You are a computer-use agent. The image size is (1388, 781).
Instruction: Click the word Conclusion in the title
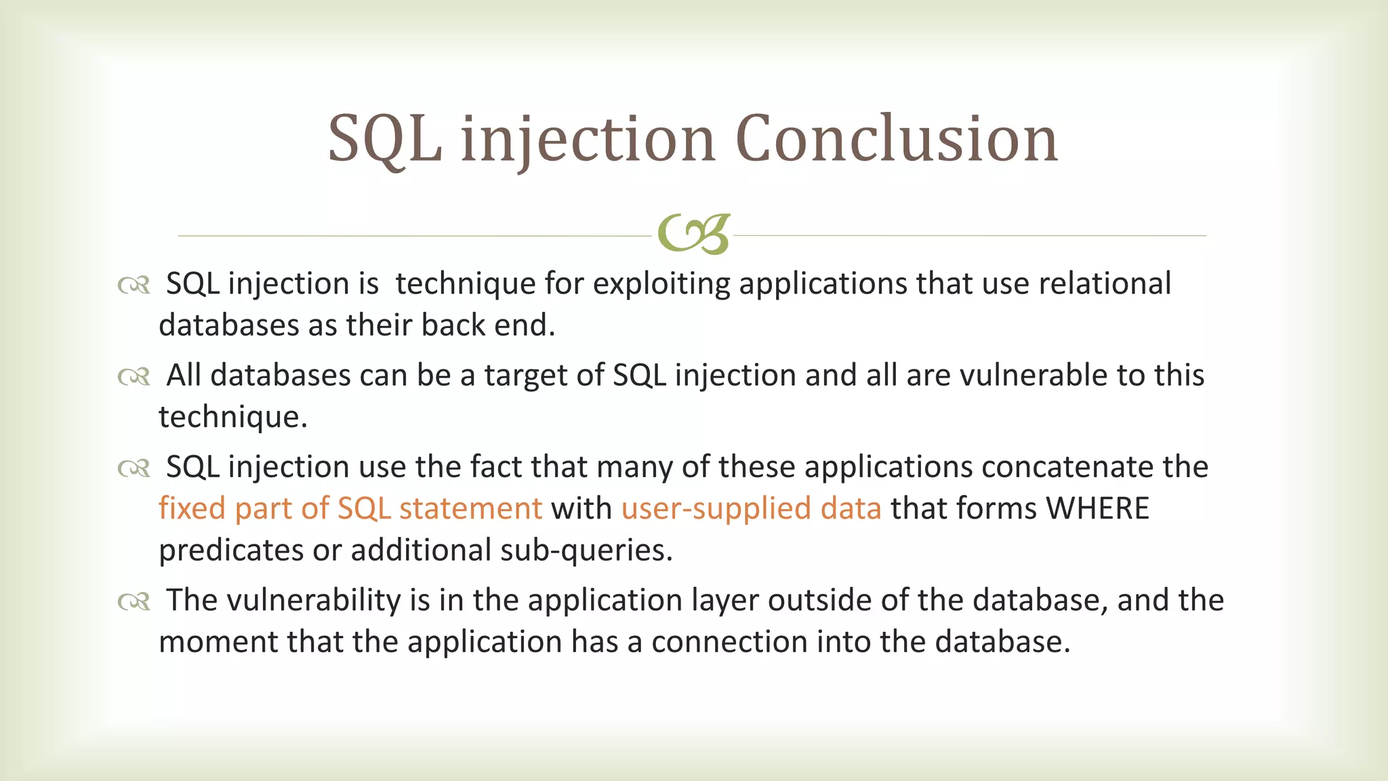tap(896, 139)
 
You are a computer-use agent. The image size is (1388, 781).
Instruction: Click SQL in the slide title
tap(384, 139)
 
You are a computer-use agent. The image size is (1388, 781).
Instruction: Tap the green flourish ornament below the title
tap(693, 235)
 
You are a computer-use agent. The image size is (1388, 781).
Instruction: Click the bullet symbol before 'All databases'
tap(134, 377)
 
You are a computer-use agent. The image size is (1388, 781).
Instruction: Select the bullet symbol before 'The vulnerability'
tap(134, 601)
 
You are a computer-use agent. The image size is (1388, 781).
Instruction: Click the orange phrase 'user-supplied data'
tap(751, 508)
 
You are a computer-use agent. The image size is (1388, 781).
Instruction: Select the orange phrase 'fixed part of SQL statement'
tap(350, 508)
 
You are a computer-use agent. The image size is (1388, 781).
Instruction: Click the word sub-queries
tap(586, 550)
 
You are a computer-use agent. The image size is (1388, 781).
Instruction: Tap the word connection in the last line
tap(729, 642)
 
